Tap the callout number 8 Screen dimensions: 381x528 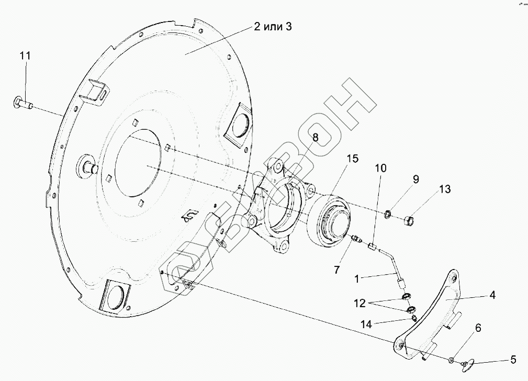(316, 138)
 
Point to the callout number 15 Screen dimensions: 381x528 (353, 159)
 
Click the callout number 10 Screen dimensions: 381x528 (380, 168)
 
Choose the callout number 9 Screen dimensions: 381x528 (416, 180)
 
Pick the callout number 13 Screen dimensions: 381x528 (444, 189)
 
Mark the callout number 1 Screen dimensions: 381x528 (357, 279)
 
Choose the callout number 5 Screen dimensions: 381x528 (513, 360)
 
